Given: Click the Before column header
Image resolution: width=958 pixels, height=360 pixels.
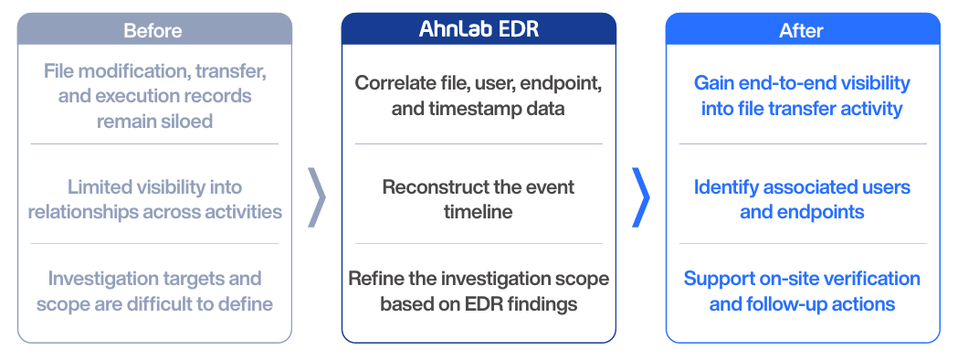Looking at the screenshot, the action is click(153, 30).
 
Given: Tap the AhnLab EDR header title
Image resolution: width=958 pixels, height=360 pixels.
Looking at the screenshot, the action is click(479, 29).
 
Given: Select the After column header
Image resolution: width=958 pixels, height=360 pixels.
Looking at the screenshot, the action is click(801, 30).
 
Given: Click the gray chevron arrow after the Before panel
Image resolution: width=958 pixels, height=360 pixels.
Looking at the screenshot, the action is click(317, 197).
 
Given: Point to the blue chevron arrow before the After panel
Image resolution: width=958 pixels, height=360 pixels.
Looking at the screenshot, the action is click(641, 197).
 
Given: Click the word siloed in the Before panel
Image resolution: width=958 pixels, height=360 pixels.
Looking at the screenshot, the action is click(183, 121).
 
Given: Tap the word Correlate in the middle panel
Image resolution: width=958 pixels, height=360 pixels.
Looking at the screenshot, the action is click(386, 83).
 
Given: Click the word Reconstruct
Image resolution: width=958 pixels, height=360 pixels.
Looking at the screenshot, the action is click(426, 186).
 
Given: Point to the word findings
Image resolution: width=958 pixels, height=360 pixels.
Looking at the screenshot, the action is click(545, 303).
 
